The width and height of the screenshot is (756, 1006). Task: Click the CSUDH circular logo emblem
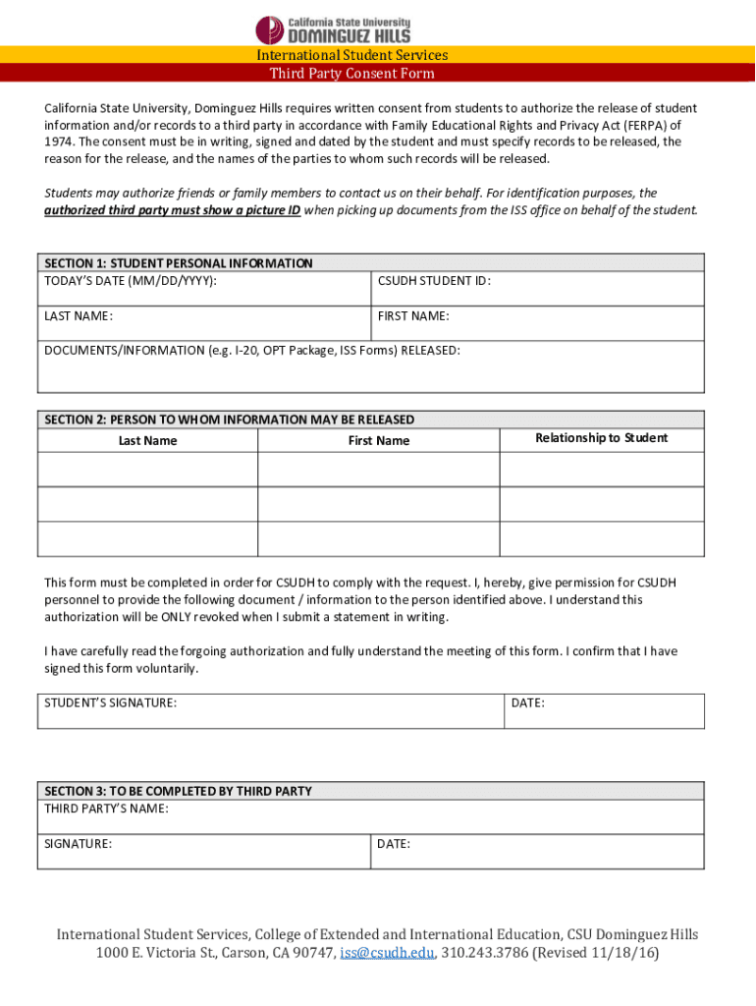click(270, 29)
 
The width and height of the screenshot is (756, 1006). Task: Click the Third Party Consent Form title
click(351, 74)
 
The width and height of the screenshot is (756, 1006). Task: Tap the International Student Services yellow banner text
click(351, 55)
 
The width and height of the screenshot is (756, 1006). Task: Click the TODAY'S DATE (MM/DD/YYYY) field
click(204, 290)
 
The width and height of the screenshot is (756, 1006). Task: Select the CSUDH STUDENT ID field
click(537, 290)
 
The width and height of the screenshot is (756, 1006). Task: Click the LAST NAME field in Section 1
click(204, 324)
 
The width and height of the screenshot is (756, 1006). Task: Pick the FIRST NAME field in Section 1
click(537, 324)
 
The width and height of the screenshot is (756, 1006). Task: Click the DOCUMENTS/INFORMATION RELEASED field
click(370, 367)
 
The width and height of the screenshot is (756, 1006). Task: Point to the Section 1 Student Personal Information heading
click(179, 263)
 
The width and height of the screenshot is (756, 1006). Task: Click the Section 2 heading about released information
click(230, 419)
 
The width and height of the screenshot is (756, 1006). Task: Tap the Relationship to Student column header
click(601, 438)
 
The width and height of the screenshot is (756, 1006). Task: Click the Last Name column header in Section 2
click(147, 441)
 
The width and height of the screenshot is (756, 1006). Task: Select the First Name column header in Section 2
click(379, 441)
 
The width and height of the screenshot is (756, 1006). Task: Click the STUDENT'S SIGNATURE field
click(270, 711)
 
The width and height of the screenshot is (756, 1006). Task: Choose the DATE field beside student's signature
click(604, 711)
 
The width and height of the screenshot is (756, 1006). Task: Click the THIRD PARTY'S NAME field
click(370, 817)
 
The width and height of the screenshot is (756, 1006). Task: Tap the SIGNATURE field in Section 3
click(204, 852)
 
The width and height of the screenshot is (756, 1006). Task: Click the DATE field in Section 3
click(537, 852)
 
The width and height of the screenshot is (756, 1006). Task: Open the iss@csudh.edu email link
click(387, 954)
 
